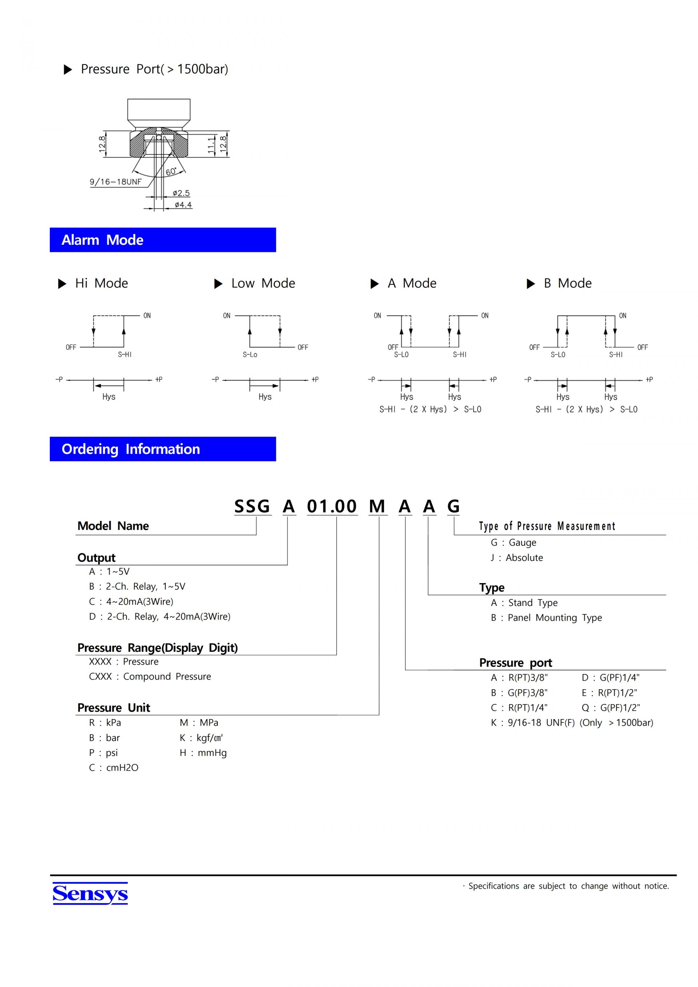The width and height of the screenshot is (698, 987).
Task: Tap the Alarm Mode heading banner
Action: pyautogui.click(x=163, y=240)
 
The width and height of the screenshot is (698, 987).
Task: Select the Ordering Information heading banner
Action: pyautogui.click(x=163, y=449)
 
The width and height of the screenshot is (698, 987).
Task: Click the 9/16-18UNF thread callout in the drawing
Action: pyautogui.click(x=115, y=182)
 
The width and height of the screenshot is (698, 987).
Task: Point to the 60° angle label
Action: pyautogui.click(x=171, y=172)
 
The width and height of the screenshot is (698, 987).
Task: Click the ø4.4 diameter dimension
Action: pyautogui.click(x=183, y=205)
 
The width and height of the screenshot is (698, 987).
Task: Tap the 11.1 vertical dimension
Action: pyautogui.click(x=211, y=145)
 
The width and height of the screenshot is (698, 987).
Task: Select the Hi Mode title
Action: pyautogui.click(x=101, y=283)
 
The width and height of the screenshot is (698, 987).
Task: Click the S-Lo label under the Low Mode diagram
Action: pyautogui.click(x=250, y=355)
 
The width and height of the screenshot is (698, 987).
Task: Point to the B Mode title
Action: pyautogui.click(x=567, y=283)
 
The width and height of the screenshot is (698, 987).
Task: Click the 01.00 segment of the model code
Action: pyautogui.click(x=332, y=506)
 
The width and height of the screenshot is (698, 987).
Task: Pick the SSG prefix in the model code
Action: pyautogui.click(x=252, y=506)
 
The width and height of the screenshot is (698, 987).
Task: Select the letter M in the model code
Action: pyautogui.click(x=377, y=506)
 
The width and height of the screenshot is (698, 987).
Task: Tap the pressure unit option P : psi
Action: pyautogui.click(x=103, y=753)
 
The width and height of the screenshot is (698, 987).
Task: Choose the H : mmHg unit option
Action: pyautogui.click(x=203, y=753)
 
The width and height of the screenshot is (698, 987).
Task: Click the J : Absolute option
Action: pyautogui.click(x=517, y=558)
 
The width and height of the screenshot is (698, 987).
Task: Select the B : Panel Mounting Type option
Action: pyautogui.click(x=546, y=618)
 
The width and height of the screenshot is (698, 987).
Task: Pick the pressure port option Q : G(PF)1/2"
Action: pyautogui.click(x=610, y=707)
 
